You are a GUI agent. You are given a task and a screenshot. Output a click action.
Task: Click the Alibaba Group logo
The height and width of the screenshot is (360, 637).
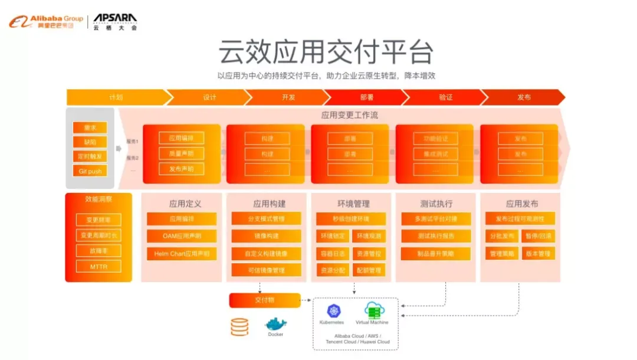(45, 22)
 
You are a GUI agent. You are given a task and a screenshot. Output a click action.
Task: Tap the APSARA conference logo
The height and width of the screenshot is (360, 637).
(115, 22)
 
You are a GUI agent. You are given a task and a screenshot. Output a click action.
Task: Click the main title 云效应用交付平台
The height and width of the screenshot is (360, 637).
(326, 52)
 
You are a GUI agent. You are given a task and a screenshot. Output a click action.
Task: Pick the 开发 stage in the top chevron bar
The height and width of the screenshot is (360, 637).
(288, 97)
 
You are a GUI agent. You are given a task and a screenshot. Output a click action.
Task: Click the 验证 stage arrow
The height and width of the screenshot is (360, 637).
(445, 97)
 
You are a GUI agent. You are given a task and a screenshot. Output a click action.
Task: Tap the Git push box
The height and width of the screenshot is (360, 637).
(90, 171)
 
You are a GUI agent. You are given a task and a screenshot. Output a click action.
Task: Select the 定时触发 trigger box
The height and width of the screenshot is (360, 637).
(90, 156)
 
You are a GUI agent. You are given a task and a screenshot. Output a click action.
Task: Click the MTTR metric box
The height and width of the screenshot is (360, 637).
(98, 266)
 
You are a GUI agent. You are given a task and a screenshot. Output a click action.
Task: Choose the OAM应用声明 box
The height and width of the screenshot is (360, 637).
(182, 236)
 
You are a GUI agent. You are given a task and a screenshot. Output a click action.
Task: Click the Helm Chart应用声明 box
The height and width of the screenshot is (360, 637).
(182, 254)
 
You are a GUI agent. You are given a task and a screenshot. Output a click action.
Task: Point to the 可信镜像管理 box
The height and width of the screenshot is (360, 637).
(266, 270)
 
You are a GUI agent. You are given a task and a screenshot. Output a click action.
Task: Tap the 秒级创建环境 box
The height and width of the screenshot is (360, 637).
(351, 219)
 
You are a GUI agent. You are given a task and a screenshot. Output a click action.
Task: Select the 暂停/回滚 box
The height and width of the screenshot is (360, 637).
(538, 236)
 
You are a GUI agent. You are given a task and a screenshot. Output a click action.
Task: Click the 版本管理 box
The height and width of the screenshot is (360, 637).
(538, 254)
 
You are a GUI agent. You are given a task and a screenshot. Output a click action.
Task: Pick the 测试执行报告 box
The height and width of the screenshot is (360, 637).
(436, 236)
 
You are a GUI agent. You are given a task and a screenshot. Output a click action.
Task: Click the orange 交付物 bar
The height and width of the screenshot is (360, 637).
(265, 300)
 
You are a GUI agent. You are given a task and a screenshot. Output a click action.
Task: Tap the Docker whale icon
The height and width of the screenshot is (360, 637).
(275, 324)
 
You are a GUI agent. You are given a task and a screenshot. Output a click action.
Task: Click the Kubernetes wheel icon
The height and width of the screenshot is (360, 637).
(331, 312)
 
